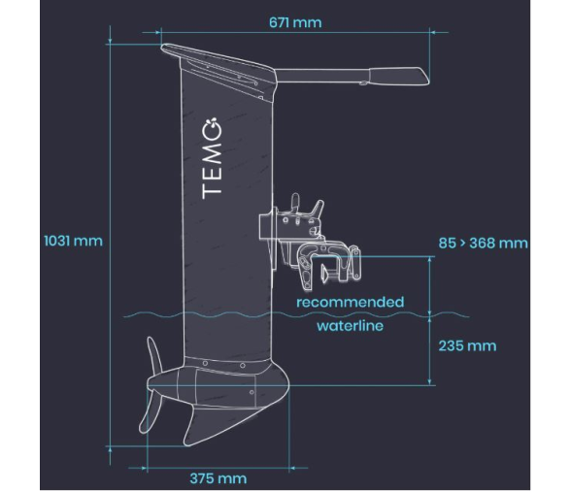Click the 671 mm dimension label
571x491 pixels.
(x=295, y=21)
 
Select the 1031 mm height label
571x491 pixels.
(x=72, y=240)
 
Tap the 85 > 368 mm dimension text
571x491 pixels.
(x=483, y=243)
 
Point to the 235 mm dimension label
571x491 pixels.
(x=467, y=345)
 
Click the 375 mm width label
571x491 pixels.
(x=218, y=478)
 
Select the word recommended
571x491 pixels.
(x=350, y=302)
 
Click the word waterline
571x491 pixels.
(x=350, y=326)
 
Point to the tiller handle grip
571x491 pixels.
(x=398, y=75)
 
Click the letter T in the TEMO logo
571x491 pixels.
(x=212, y=188)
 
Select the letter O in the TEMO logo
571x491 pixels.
(x=212, y=128)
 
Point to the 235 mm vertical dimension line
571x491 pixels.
(x=431, y=345)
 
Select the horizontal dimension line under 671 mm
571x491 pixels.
(x=295, y=32)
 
